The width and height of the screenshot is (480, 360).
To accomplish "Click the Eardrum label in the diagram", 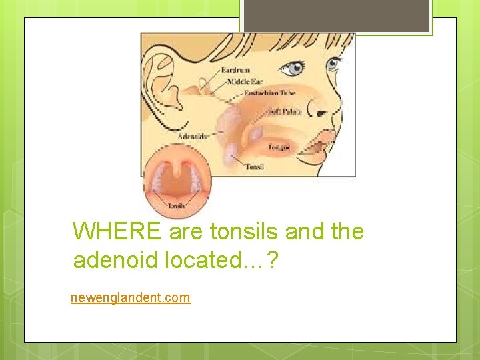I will tap(237, 69).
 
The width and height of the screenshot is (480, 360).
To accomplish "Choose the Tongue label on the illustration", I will tap(279, 147).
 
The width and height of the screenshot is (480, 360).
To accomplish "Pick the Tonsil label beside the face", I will tap(255, 167).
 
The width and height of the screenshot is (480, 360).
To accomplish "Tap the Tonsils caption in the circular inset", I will tap(177, 206).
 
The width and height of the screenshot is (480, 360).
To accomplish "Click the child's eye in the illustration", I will tap(294, 67).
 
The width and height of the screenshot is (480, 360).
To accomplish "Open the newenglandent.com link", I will tap(131, 297).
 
